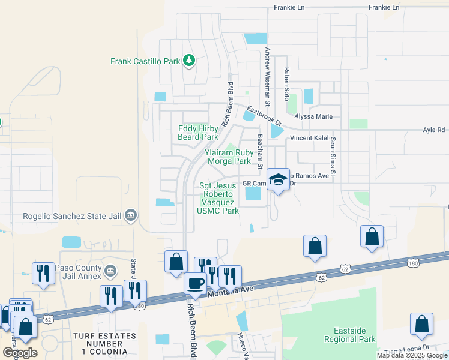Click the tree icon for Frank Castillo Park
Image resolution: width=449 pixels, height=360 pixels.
click(x=189, y=60)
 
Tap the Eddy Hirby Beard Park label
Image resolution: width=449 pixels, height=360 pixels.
click(x=198, y=133)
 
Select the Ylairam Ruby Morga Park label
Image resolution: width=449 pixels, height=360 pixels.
click(x=228, y=157)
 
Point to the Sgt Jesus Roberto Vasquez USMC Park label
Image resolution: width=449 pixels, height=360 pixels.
click(x=218, y=198)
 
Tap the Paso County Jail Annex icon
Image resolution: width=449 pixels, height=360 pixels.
click(x=109, y=271)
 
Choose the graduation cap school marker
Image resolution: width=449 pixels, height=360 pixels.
click(x=278, y=179)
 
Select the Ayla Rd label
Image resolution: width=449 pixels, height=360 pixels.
click(x=433, y=129)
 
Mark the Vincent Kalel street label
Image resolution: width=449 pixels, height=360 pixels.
click(x=309, y=138)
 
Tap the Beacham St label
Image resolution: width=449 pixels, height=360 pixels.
click(x=261, y=150)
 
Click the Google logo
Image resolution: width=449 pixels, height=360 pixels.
click(x=20, y=353)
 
